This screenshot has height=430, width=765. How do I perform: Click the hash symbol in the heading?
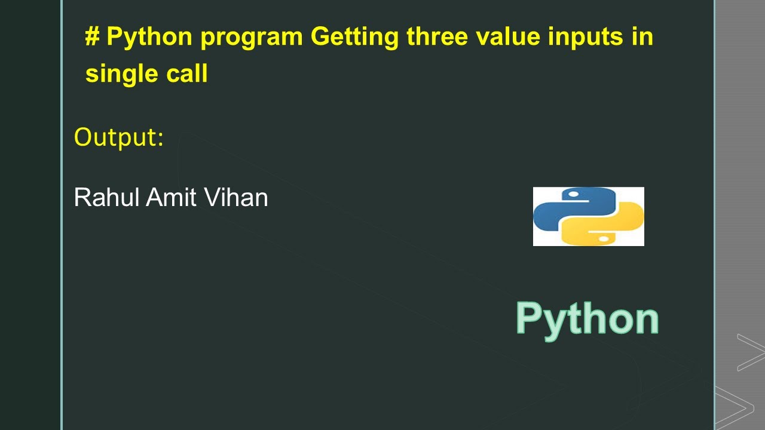[x=92, y=37]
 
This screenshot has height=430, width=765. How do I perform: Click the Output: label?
[x=118, y=138]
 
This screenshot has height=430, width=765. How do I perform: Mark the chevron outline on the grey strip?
[x=751, y=352]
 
